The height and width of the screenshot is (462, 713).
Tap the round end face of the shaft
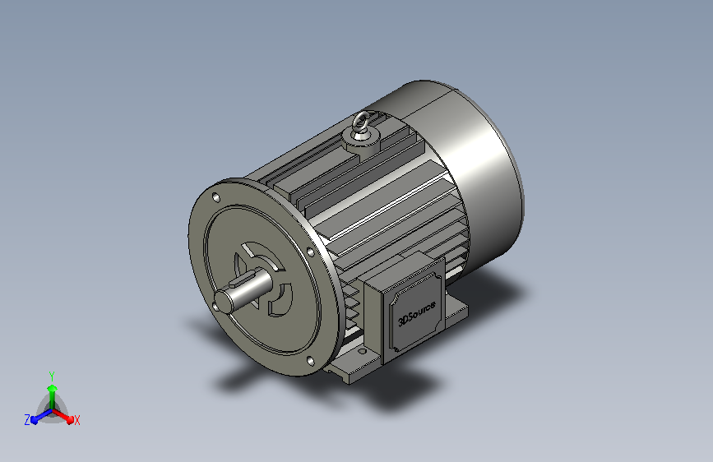(x=223, y=301)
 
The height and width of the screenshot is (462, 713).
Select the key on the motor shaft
(x=244, y=279)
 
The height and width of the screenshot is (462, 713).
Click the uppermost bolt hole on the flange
(x=216, y=198)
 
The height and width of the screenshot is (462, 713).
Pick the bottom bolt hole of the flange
(x=310, y=362)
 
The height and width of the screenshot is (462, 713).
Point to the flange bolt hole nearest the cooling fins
(x=311, y=252)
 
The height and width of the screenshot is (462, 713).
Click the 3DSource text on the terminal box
(x=416, y=313)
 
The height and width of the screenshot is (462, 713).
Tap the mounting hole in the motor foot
(x=363, y=351)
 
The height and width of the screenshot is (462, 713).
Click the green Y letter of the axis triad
(x=51, y=376)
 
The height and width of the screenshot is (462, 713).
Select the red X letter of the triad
(x=76, y=421)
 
